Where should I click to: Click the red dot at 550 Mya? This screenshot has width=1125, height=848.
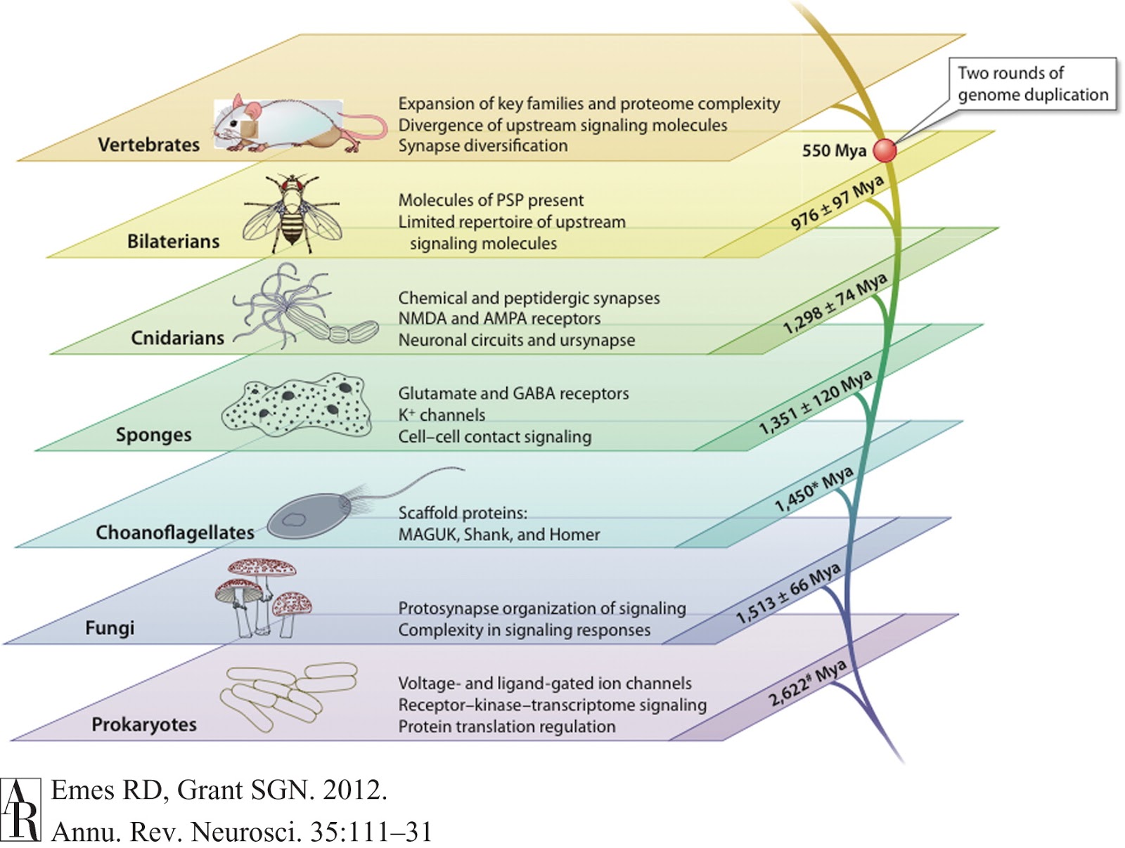coord(885,150)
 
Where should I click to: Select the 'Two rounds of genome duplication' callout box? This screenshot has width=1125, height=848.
coord(1032,84)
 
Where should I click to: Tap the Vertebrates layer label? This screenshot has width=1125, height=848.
coord(148,145)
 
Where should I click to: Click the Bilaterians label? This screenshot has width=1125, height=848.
coord(173,242)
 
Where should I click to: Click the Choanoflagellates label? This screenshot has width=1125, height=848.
coord(175,533)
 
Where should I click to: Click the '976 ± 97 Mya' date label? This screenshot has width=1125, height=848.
coord(837,204)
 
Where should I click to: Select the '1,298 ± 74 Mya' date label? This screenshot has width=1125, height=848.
coord(835,304)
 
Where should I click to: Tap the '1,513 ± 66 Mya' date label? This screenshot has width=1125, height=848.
coord(788,594)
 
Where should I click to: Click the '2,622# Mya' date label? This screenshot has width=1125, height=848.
coord(807,684)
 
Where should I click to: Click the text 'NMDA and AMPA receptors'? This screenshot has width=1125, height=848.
coord(499,318)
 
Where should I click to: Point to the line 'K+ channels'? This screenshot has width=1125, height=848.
coord(442,415)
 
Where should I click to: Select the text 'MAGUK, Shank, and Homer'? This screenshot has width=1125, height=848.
coord(499,535)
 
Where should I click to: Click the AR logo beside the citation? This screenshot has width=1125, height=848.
coord(21,809)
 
